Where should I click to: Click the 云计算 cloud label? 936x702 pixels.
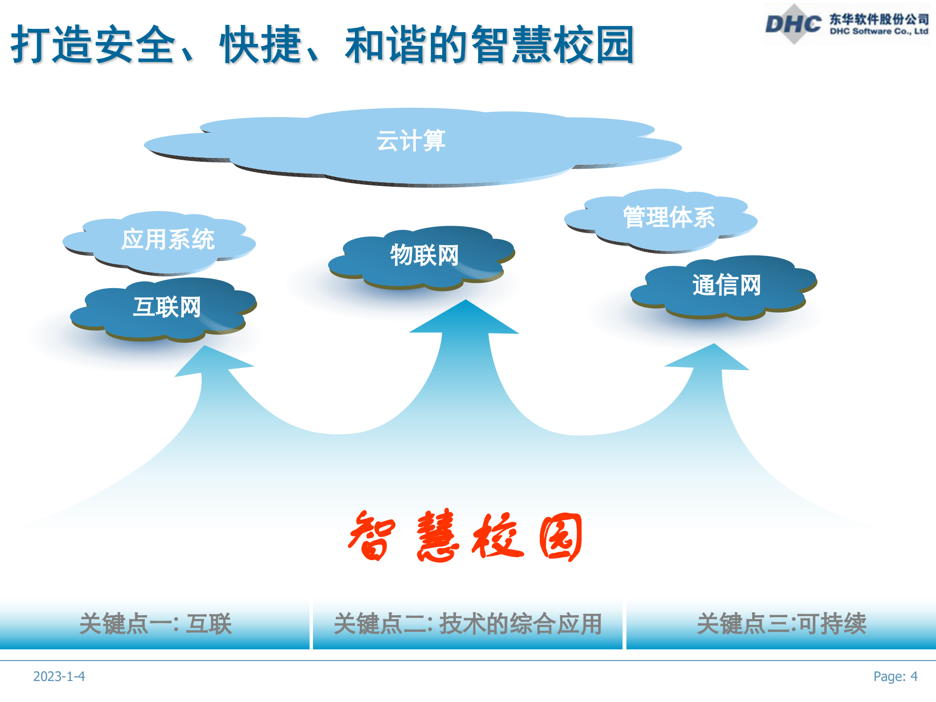point(410,141)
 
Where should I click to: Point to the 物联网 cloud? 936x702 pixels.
point(424,255)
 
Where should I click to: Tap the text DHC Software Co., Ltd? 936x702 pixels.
point(878,32)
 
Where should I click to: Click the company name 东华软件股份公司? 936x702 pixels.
point(879,19)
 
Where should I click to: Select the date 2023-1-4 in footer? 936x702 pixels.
point(59,677)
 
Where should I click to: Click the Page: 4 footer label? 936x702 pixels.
point(895,677)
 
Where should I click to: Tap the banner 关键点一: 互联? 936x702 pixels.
point(155,624)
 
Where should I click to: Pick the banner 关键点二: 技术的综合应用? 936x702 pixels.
point(468,624)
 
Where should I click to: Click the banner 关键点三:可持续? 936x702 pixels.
point(781,624)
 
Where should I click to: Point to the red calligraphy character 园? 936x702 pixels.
point(561,537)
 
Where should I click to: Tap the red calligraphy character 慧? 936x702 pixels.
point(437,537)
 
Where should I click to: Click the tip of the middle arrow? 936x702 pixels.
point(466,303)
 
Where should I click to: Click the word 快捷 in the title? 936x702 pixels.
point(261,45)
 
